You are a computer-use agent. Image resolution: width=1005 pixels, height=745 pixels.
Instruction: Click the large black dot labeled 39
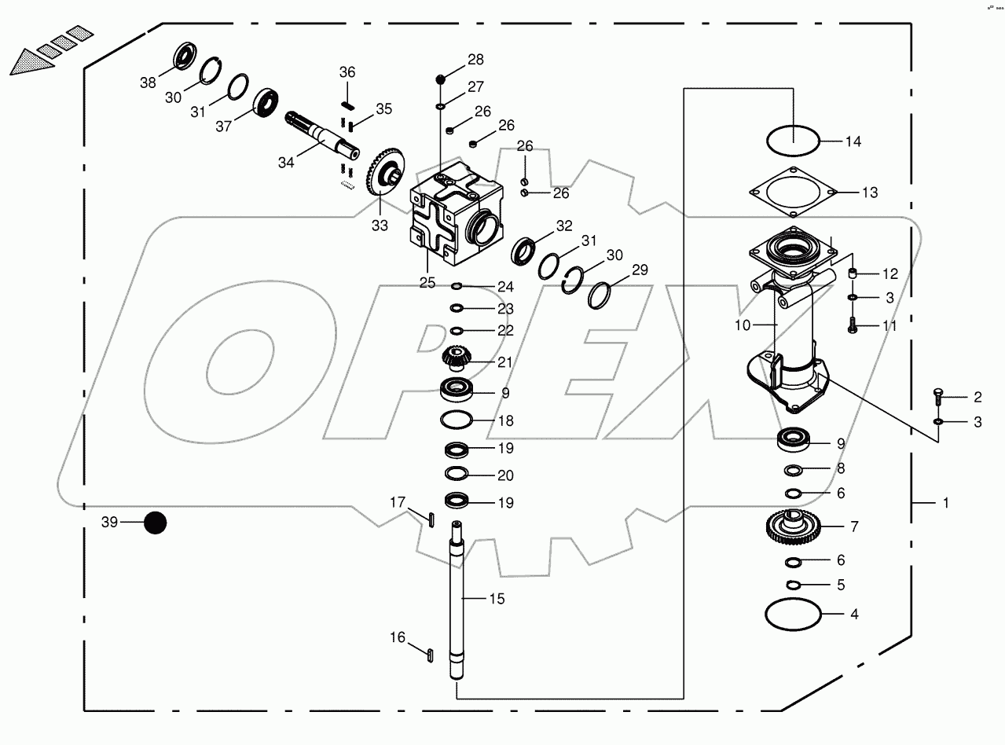point(156,523)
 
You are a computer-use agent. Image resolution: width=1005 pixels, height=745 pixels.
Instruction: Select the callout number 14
point(853,142)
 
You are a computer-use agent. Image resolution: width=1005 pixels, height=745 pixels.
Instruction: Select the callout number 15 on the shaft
point(497,599)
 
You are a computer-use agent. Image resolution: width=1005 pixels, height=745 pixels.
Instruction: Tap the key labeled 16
point(431,651)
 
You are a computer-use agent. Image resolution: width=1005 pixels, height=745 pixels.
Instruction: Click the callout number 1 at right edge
point(945,502)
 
